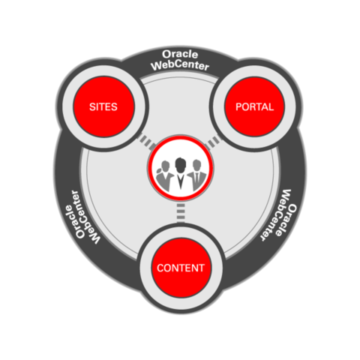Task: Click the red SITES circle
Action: (103, 106)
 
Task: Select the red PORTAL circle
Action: (254, 106)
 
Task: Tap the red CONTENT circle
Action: (181, 268)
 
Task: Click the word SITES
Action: (103, 107)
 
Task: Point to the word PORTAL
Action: (254, 107)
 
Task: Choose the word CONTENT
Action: (181, 268)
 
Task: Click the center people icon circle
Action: (181, 168)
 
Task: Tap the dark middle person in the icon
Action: (180, 174)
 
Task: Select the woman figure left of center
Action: (164, 175)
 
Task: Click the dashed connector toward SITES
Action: (146, 142)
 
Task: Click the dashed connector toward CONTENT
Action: (181, 212)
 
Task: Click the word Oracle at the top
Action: (180, 54)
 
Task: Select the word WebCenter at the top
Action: (180, 65)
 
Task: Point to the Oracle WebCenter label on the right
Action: (278, 215)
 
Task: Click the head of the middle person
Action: (180, 164)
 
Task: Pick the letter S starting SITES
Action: (92, 107)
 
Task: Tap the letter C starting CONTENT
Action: (160, 268)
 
